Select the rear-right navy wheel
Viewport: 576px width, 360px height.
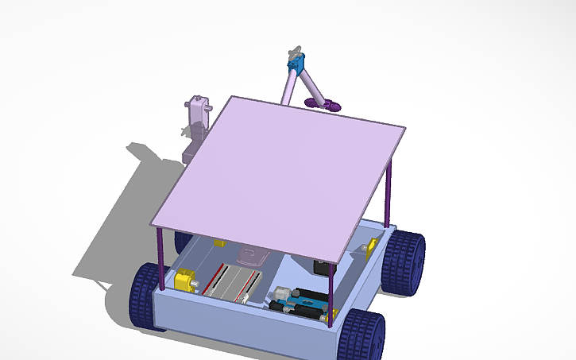pyautogui.click(x=403, y=260)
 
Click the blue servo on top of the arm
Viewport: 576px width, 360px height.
pyautogui.click(x=296, y=63)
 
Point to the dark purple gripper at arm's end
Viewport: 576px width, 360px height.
pyautogui.click(x=329, y=104)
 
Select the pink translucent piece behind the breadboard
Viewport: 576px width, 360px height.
pyautogui.click(x=253, y=256)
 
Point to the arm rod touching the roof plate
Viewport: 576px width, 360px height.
pyautogui.click(x=287, y=87)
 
